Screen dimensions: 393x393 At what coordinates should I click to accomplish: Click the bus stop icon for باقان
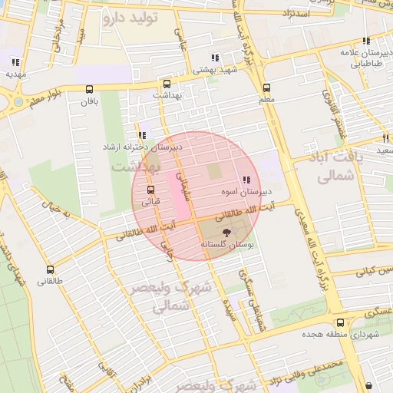pos(89,89)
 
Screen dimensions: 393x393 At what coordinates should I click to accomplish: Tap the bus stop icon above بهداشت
pos(167,84)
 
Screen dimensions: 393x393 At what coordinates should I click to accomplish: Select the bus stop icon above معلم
pos(266,88)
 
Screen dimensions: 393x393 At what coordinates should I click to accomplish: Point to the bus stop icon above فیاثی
pos(150,189)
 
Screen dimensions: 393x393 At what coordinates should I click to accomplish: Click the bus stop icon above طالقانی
pos(51,269)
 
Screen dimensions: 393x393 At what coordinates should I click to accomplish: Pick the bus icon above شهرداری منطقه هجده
pos(340,323)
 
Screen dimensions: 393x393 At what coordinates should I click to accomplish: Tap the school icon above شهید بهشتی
pos(216,58)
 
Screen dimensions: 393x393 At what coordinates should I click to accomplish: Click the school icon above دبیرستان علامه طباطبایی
pos(366,41)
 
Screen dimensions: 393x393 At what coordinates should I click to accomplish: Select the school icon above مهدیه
pos(15,63)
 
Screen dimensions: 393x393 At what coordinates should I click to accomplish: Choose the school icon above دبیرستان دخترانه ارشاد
pos(142,135)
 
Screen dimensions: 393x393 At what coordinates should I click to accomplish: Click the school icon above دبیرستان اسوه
pos(246,180)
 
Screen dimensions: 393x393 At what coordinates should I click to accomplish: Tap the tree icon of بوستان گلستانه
pos(227,231)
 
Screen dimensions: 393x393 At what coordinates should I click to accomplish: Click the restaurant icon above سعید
pos(385,139)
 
